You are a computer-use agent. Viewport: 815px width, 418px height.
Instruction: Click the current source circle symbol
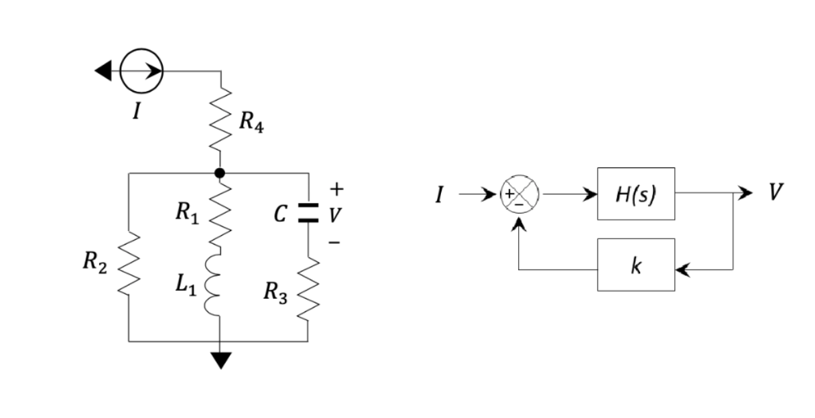coord(141,71)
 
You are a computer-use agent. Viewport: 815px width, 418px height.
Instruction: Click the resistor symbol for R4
coord(221,121)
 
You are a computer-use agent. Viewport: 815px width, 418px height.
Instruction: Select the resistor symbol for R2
coord(129,265)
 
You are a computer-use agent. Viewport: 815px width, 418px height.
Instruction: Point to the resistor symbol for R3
coord(308,289)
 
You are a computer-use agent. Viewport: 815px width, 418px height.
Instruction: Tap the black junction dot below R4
coord(220,173)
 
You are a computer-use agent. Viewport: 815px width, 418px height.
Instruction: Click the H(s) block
coord(635,194)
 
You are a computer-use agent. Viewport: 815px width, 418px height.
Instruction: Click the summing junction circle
coord(520,194)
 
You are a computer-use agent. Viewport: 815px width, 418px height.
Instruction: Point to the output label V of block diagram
coord(775,192)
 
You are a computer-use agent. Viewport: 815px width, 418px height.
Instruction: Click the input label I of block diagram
coord(440,196)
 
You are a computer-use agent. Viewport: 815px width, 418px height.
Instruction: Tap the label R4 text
coord(251,123)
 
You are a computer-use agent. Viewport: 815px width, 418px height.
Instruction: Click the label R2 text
coord(95,263)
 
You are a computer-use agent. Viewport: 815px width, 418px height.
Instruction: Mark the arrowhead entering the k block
coord(682,269)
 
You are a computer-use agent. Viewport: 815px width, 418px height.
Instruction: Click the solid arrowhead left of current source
coord(103,71)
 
